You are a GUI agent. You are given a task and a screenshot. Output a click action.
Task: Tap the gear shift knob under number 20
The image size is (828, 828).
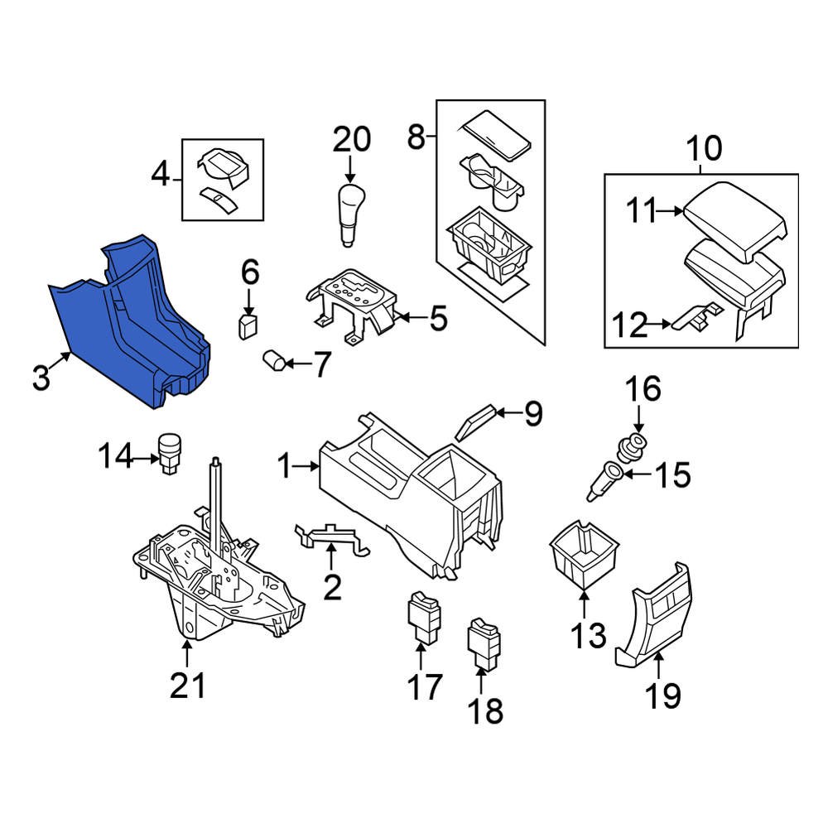[350, 214]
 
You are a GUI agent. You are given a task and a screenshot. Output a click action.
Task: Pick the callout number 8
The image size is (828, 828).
[416, 137]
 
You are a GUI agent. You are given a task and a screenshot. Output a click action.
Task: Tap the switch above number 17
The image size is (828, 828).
[424, 617]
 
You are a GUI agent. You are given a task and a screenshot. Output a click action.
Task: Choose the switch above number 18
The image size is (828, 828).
[484, 644]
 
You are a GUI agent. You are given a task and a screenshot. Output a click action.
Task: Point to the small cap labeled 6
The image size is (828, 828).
[248, 326]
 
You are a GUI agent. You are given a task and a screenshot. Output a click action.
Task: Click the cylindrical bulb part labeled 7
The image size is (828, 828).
[274, 361]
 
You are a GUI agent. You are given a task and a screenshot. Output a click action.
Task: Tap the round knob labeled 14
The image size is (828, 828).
[170, 453]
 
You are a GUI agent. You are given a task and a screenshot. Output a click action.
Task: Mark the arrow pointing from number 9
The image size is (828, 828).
[508, 412]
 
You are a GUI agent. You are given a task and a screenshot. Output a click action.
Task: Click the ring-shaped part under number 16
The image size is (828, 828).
[630, 445]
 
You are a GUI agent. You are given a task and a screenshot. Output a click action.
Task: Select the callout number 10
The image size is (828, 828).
[705, 148]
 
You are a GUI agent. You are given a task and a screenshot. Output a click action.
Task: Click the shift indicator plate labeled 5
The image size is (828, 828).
[351, 306]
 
